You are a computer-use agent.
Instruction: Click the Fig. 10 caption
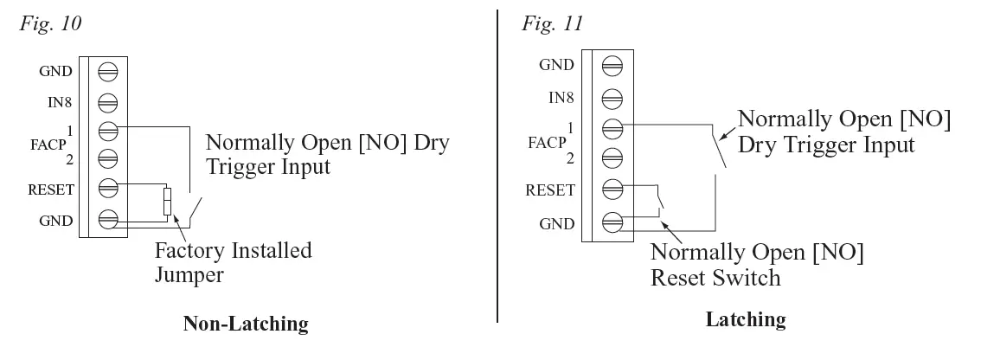tap(51, 23)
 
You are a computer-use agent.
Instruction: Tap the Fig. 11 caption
tap(553, 23)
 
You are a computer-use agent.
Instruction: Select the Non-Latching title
tap(246, 324)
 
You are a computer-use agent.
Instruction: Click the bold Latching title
tap(746, 319)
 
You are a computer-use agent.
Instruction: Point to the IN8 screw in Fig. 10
tap(108, 102)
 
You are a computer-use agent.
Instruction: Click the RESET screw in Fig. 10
tap(108, 187)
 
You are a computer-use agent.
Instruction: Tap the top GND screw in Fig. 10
tap(108, 72)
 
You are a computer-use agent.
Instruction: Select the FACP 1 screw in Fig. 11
tap(612, 129)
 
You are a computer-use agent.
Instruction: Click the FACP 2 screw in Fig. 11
tap(612, 158)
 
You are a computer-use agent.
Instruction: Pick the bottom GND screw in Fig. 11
tap(612, 223)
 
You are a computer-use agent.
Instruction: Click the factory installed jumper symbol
tap(167, 201)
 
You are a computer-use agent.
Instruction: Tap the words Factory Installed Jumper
tap(234, 262)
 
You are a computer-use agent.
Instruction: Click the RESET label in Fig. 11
tap(550, 190)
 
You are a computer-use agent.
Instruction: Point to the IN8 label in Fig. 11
tap(561, 98)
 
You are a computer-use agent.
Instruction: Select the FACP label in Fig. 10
tap(48, 145)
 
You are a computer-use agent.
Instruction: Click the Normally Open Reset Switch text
tap(757, 264)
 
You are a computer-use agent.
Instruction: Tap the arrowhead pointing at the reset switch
tap(664, 223)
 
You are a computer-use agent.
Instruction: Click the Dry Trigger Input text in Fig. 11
tap(826, 145)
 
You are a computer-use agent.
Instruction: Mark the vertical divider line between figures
tap(497, 166)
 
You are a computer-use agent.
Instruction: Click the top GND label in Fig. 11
tap(556, 65)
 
